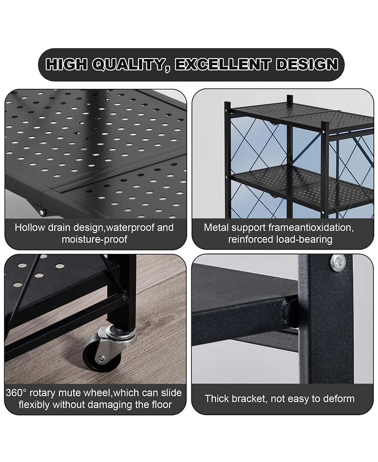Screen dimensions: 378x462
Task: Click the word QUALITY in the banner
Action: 131,65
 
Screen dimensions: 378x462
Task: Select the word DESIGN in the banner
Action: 307,64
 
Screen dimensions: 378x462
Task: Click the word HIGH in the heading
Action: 66,64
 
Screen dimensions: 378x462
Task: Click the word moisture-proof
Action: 94,239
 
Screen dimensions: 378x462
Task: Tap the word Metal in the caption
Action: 215,227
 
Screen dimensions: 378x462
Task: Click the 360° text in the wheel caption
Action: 16,393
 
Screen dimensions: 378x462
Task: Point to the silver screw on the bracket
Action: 338,262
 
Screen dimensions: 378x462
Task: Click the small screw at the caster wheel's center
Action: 101,359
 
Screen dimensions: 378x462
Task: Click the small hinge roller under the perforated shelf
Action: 42,212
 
